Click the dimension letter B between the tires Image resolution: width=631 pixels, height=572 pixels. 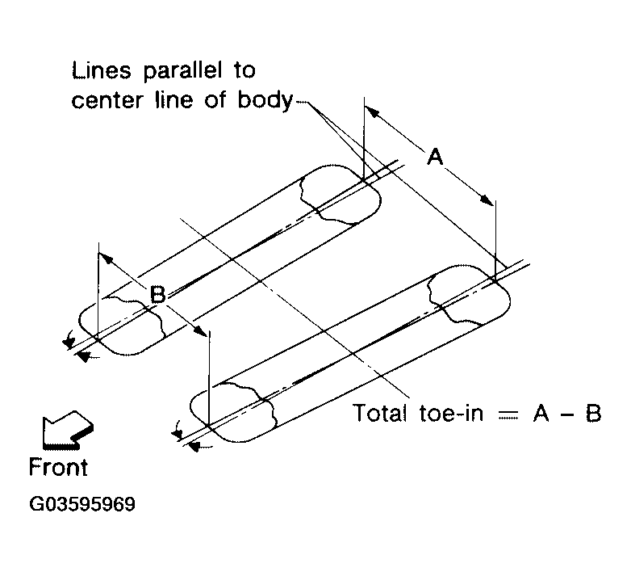point(158,297)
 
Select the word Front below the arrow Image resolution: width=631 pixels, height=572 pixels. point(58,467)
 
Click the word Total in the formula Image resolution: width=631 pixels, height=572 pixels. point(383,414)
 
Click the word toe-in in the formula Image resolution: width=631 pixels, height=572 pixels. point(458,414)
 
